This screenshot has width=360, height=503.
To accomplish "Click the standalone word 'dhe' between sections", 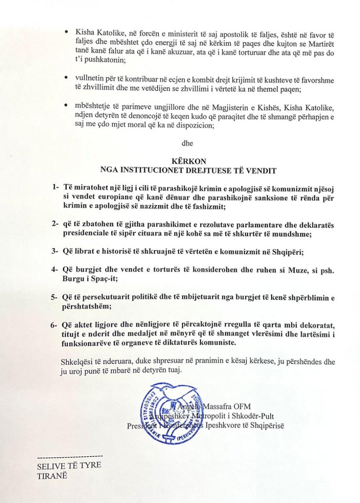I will click(187, 141).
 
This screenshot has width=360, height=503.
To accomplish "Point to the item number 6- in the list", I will click(55, 325).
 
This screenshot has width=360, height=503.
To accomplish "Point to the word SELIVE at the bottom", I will click(50, 466).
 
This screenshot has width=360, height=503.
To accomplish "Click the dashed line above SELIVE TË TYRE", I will click(70, 456).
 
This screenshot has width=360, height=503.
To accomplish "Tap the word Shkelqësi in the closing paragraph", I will click(76, 361).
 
